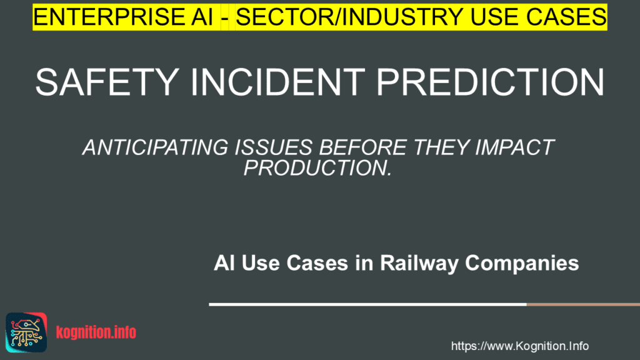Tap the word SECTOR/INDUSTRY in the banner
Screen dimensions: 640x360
349,17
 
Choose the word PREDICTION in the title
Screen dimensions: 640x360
490,82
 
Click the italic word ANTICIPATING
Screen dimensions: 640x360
156,147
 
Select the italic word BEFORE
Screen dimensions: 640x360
362,147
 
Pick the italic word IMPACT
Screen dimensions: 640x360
514,147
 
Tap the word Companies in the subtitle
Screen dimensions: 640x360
522,263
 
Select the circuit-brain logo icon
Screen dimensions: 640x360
26,332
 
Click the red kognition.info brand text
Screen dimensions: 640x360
96,332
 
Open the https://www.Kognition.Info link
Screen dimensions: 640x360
519,346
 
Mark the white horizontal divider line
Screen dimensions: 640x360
367,304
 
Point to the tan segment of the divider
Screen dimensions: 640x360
583,304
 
